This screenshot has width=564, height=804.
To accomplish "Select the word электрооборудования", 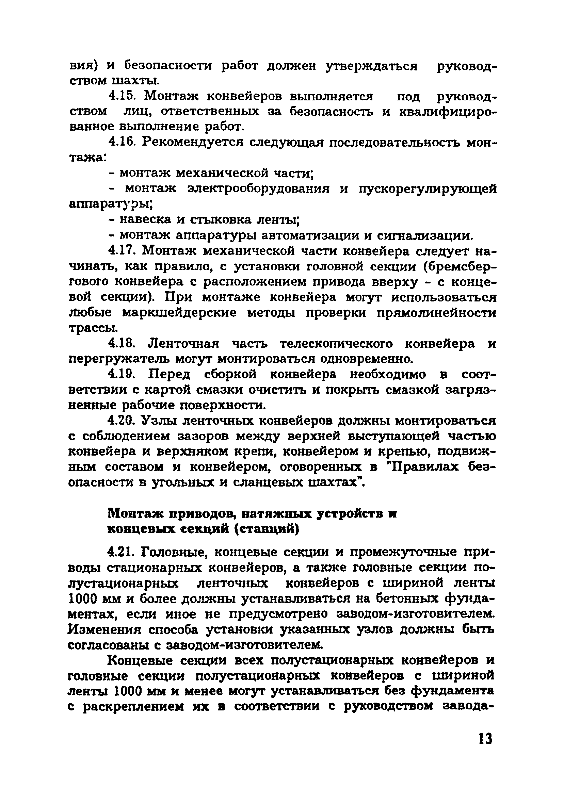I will click(259, 189).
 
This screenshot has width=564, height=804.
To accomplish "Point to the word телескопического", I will click(336, 344).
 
